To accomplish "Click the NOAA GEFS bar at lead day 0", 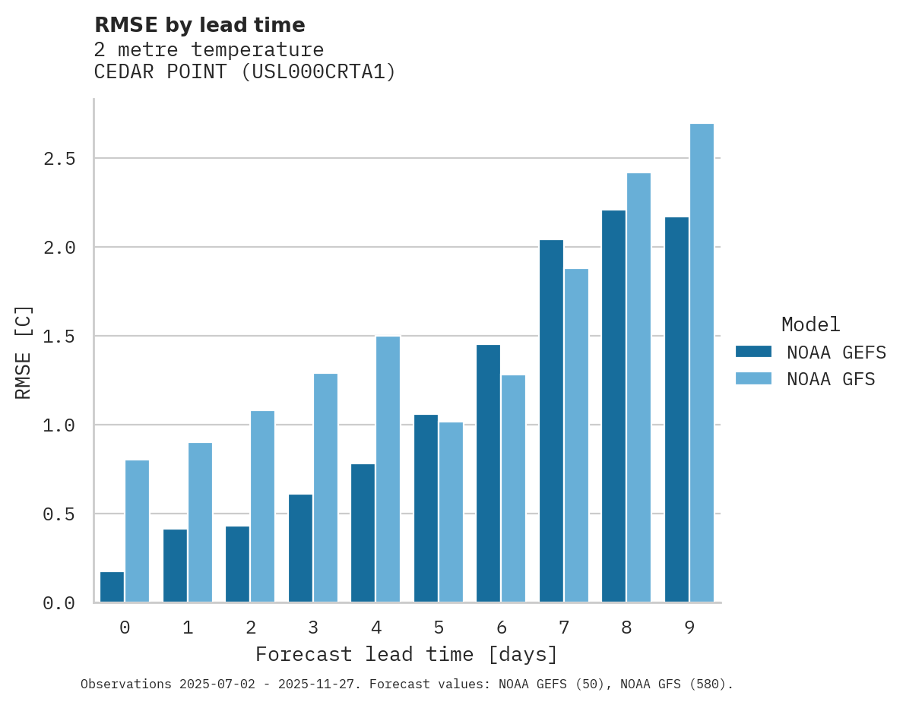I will (x=112, y=587).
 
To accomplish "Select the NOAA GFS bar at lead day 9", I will (x=702, y=363).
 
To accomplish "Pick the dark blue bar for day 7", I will (x=551, y=421).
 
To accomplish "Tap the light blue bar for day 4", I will (x=388, y=469).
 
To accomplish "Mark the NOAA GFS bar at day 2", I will (x=262, y=507).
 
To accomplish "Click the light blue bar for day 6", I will (x=513, y=488).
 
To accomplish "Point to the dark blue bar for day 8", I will (x=613, y=406).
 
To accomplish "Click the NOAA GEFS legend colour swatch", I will (x=753, y=352).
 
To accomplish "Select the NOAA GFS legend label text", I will (x=831, y=378).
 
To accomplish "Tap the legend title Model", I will (x=810, y=324).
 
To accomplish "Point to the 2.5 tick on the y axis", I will (x=59, y=159).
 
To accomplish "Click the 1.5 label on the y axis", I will (x=59, y=337).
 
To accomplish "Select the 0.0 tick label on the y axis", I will (x=59, y=603).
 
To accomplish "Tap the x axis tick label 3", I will (x=313, y=628).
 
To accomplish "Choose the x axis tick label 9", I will (x=689, y=628).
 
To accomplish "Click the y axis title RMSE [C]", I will (x=24, y=351).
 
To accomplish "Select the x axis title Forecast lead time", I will (x=407, y=654).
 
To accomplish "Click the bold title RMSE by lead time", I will (x=199, y=25).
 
